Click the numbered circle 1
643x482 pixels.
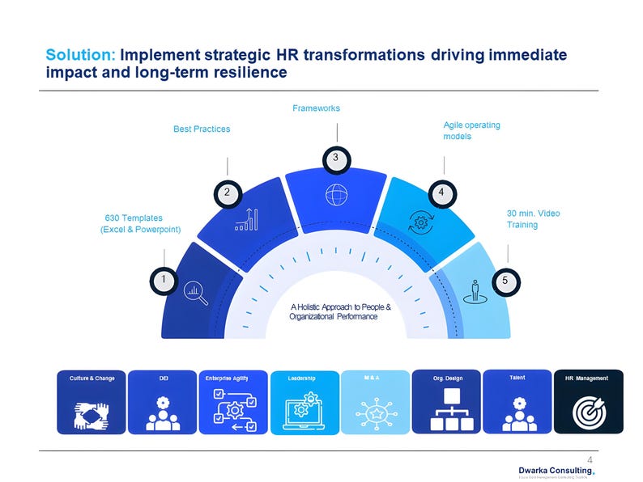tap(164, 280)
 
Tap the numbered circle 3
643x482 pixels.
tap(334, 158)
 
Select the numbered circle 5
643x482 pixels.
tap(505, 280)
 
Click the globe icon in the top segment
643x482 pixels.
tap(335, 195)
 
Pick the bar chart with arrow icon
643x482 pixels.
tap(246, 218)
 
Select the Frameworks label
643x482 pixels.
tap(316, 108)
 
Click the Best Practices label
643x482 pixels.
tap(202, 129)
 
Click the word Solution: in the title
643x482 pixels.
tap(81, 55)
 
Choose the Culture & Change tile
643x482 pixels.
tap(92, 402)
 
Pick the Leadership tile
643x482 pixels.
tap(304, 402)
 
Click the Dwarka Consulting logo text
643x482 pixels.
tap(555, 471)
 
